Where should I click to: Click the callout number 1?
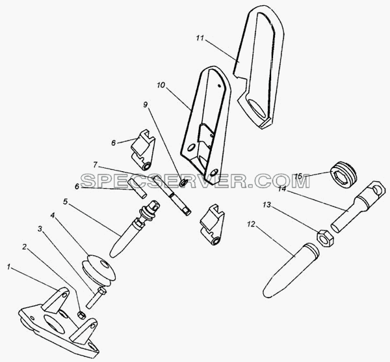pos(9,268)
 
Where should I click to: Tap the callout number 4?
pos(52,216)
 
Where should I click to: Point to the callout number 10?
pos(161,85)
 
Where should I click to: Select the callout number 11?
pos(200,38)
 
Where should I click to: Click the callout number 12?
pos(251,224)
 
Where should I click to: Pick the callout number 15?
pos(298,176)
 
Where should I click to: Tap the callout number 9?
pos(145,105)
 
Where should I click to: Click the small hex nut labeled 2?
pos(81,315)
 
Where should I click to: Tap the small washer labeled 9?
pos(183,183)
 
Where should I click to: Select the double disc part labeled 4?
pos(99,270)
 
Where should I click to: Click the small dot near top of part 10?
pos(219,85)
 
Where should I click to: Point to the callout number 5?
pos(65,202)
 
